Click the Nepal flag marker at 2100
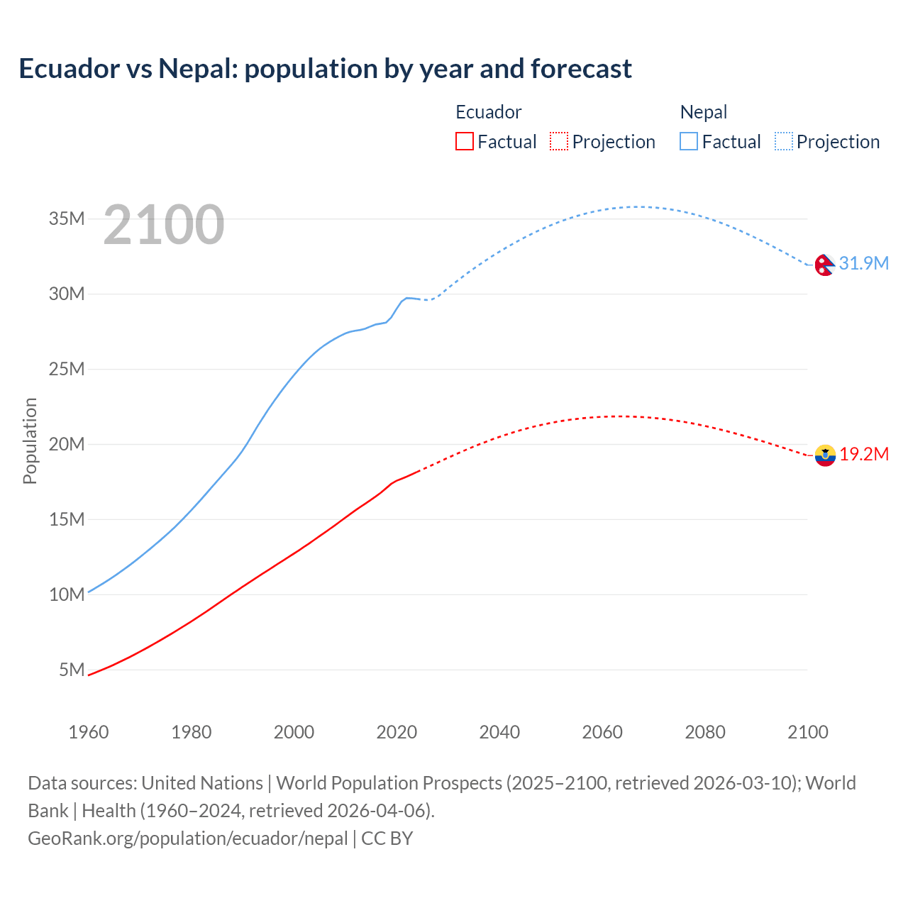coord(824,265)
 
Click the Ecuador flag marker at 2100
coord(825,455)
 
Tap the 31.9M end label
coord(863,263)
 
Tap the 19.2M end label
coord(863,454)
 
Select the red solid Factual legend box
coord(464,141)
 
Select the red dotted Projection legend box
coord(559,141)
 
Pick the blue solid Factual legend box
coord(689,141)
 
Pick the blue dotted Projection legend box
coord(783,141)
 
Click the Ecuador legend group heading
coord(488,112)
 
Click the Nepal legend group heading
coord(703,112)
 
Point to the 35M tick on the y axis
coord(67,218)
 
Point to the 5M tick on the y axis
coord(72,670)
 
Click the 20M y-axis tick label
coord(67,444)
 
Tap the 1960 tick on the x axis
coord(89,732)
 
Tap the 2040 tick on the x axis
coord(499,732)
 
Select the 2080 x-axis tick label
coord(705,732)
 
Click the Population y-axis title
coord(30,441)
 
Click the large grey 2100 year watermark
coord(164,225)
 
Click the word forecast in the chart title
coord(581,69)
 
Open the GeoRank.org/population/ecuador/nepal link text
coord(188,838)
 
